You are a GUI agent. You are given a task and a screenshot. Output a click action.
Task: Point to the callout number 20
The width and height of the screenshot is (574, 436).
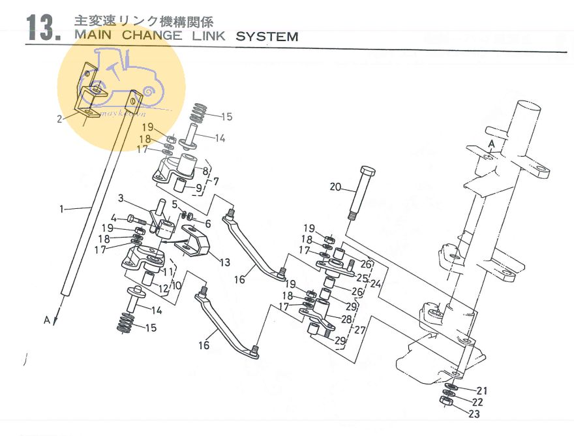pos(335,187)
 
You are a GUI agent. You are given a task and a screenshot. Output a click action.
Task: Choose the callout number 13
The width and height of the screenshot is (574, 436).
pos(224,262)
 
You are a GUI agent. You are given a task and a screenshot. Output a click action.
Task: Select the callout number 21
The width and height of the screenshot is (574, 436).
pos(482,390)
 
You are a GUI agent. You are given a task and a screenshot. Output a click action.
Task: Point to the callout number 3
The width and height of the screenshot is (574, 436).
pos(121,198)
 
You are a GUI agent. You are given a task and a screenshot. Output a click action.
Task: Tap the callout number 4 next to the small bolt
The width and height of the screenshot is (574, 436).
pos(113,217)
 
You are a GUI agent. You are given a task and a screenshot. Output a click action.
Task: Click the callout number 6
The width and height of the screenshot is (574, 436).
pos(208,223)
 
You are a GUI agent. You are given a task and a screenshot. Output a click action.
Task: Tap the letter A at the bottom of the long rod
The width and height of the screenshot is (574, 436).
pos(46,320)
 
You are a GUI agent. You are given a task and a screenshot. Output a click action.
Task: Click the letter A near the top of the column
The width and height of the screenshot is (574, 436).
pos(491,144)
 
